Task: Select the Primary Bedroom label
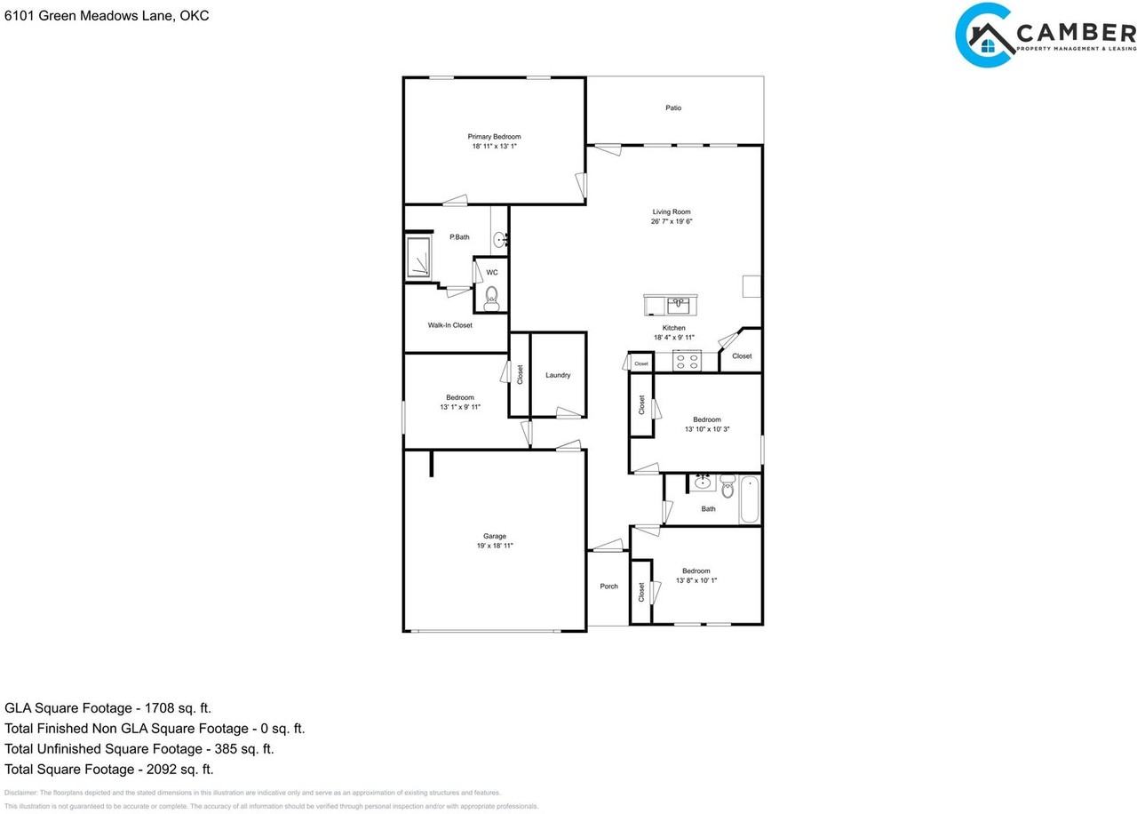tap(494, 137)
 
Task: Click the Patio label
tap(673, 108)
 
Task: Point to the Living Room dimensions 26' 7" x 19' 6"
tap(671, 222)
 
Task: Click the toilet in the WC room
tap(491, 298)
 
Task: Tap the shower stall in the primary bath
tap(418, 258)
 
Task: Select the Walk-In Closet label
tap(449, 325)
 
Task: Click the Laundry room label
tap(558, 375)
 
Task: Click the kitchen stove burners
tap(687, 361)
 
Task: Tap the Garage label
tap(494, 536)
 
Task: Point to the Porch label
tap(608, 587)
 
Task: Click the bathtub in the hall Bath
tap(749, 499)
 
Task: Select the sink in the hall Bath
tap(703, 483)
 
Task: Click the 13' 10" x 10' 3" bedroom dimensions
tap(706, 429)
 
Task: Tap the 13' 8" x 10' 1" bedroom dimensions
tap(696, 580)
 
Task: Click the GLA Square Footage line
tap(107, 708)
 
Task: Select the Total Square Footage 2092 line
tap(108, 769)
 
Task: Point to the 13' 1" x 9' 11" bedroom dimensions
tap(459, 407)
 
